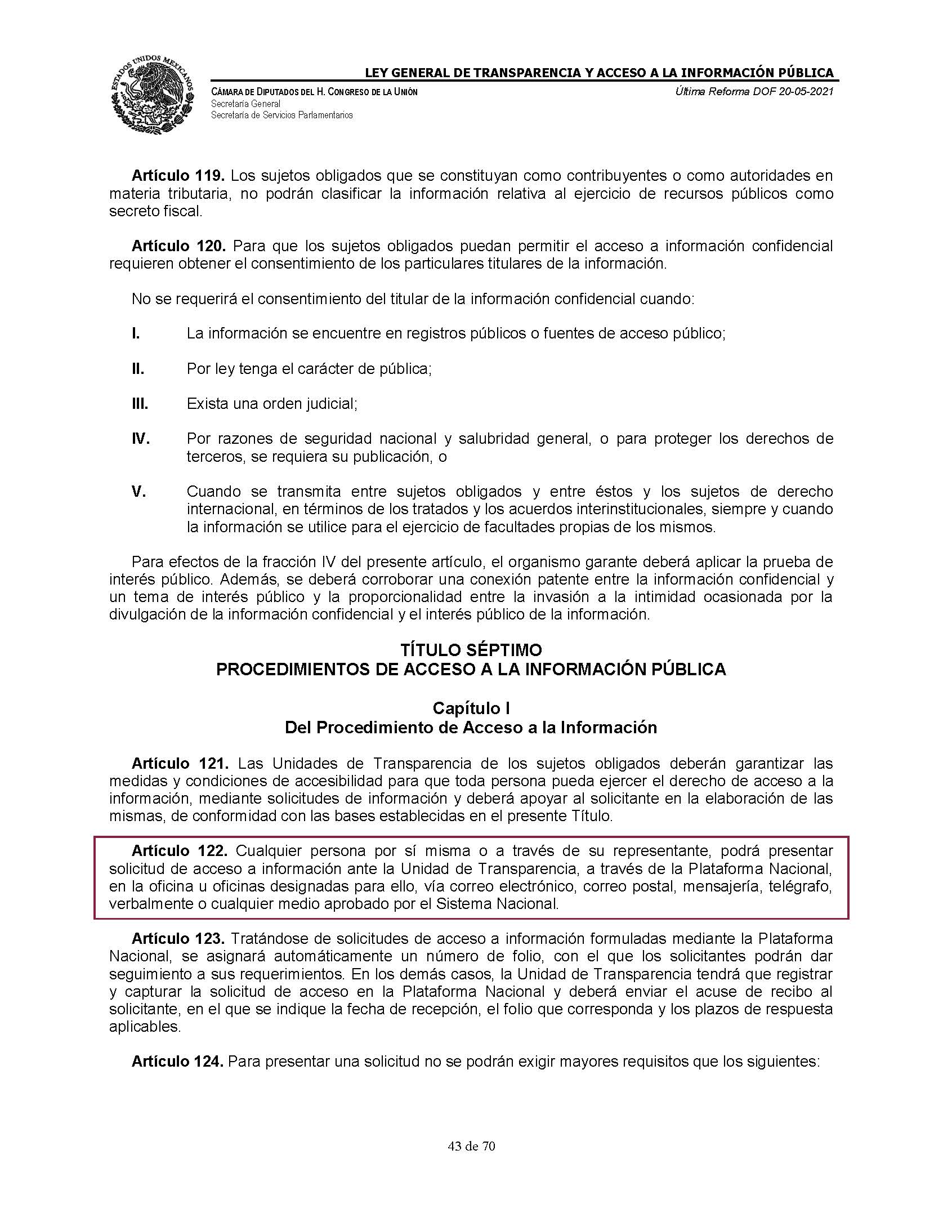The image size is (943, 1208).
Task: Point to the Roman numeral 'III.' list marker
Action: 140,404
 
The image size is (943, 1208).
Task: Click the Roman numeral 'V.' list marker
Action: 138,492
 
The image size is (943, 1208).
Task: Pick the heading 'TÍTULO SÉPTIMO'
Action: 471,650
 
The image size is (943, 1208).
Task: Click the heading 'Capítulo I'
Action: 471,708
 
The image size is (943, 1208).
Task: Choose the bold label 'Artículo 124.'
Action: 178,1062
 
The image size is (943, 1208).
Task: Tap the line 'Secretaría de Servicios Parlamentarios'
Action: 281,115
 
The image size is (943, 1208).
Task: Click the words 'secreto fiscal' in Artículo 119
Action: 155,211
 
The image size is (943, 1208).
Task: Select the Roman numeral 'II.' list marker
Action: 137,369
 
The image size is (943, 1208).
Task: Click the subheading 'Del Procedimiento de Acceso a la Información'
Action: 471,728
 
